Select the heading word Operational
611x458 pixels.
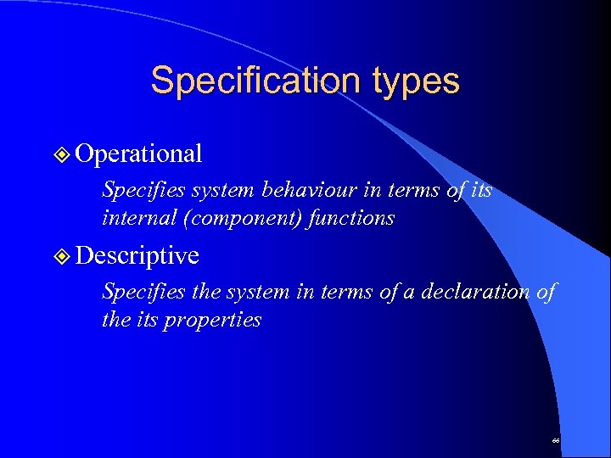coord(138,154)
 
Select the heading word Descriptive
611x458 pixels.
coord(137,255)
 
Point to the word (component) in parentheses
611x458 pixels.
coord(232,219)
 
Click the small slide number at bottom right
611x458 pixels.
coord(556,441)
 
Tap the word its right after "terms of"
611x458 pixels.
coord(480,191)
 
